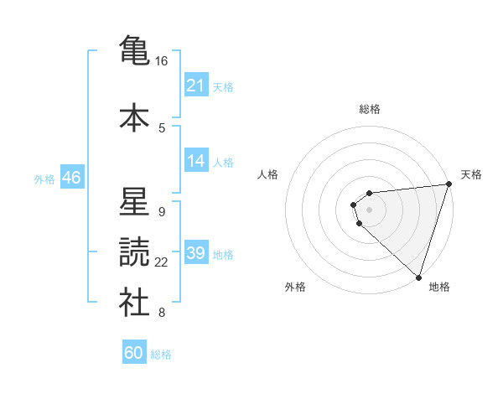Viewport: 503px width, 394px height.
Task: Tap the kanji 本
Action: point(134,117)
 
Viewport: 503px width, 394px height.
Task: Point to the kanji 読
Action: point(134,252)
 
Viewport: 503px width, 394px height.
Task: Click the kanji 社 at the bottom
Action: point(134,303)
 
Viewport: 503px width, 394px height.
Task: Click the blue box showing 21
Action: point(196,86)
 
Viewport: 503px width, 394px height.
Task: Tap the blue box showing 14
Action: point(196,161)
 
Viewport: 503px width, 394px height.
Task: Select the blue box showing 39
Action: point(196,253)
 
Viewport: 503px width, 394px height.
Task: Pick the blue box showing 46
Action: point(71,178)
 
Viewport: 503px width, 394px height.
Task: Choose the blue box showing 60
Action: point(134,353)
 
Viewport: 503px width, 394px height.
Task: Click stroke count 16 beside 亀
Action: point(162,61)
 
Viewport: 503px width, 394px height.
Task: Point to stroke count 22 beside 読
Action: point(162,262)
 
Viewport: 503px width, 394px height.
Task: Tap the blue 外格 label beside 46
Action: point(44,179)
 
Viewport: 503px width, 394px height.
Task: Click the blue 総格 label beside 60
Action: point(162,355)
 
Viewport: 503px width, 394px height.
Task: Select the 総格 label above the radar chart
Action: point(370,109)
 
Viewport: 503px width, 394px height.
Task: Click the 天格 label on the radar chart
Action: point(471,174)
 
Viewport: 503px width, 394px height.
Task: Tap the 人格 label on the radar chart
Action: point(268,174)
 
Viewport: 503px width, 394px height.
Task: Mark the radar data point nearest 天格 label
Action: point(449,184)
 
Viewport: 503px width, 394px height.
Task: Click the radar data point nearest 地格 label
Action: point(418,276)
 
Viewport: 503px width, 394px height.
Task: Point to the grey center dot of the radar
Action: point(370,209)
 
